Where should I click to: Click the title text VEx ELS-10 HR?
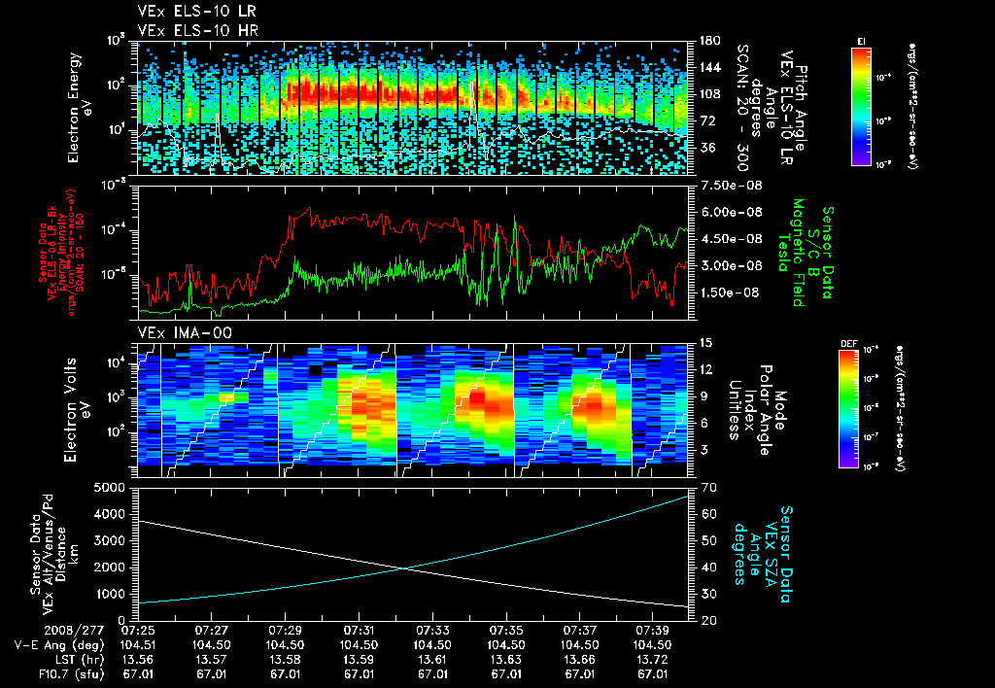pyautogui.click(x=191, y=30)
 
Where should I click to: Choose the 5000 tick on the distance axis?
pyautogui.click(x=116, y=486)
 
